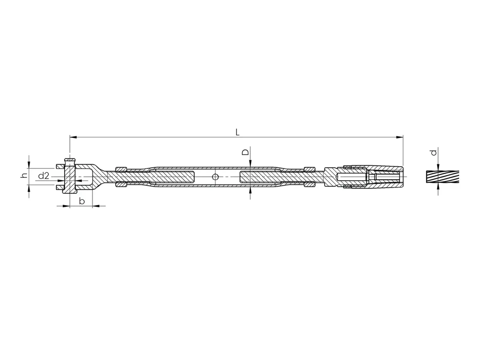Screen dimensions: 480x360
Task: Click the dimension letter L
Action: [x=237, y=132]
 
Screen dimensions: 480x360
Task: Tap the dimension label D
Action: [x=246, y=152]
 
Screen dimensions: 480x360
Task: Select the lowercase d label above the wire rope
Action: [x=433, y=152]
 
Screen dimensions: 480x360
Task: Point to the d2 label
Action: [x=44, y=176]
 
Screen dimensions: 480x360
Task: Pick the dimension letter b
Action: [x=82, y=201]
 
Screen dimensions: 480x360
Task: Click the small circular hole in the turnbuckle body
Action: [x=215, y=177]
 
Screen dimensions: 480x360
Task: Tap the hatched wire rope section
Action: [x=442, y=177]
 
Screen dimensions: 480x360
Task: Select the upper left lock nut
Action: [x=121, y=169]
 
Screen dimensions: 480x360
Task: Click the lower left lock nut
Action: [x=121, y=184]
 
